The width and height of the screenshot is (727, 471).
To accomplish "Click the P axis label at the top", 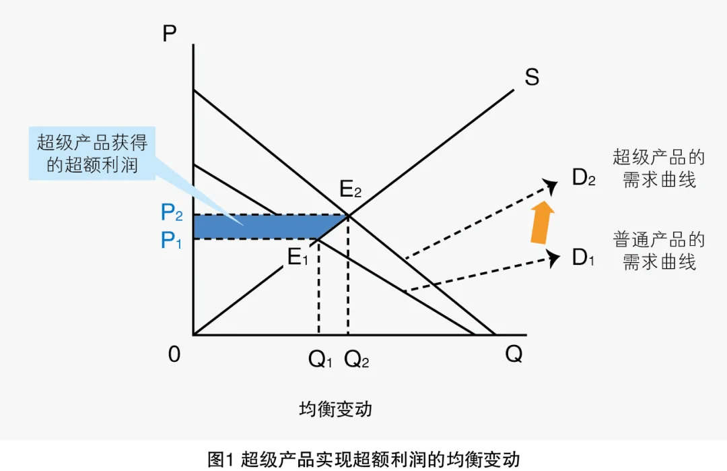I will (170, 33).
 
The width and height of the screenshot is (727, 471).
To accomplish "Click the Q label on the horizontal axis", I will (514, 354).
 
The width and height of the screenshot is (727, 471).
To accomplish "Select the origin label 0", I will (174, 354).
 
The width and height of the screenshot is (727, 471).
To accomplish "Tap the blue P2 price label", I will (172, 214).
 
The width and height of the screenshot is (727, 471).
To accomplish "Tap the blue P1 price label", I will (172, 240).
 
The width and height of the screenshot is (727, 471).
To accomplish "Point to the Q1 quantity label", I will (320, 360).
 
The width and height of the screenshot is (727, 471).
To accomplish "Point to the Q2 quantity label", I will (357, 360).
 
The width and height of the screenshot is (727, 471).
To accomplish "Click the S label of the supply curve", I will (532, 77).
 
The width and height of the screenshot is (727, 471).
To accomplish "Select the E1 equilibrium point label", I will (298, 257).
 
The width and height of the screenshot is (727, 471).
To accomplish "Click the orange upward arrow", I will (542, 222).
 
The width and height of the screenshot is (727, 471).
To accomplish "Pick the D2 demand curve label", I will (584, 178).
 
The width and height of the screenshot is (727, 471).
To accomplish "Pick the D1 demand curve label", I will (583, 257).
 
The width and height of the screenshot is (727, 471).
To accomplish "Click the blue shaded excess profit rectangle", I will (269, 226).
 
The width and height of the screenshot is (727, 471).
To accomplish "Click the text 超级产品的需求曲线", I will (658, 168).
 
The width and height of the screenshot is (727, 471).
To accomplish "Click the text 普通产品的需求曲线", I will (658, 250).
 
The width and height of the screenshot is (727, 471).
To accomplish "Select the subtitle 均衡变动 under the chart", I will (335, 409).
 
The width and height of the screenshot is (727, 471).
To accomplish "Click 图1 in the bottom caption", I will (220, 460).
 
